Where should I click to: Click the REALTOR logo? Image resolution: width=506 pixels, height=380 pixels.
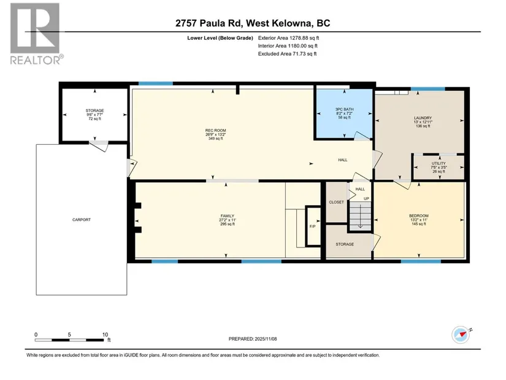pyautogui.click(x=35, y=34)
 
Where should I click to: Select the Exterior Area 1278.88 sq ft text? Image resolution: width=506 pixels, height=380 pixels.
pyautogui.click(x=288, y=38)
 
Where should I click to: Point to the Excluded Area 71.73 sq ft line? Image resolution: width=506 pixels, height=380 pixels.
pyautogui.click(x=287, y=53)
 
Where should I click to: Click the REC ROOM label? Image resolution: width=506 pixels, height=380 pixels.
pyautogui.click(x=215, y=131)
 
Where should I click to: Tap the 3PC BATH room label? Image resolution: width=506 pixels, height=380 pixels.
pyautogui.click(x=344, y=109)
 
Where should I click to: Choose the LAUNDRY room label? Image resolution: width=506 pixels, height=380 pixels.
pyautogui.click(x=423, y=118)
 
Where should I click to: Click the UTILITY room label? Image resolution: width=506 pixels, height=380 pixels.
pyautogui.click(x=439, y=163)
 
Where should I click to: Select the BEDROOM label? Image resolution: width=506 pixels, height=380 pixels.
pyautogui.click(x=418, y=216)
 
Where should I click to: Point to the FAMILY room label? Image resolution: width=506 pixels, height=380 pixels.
pyautogui.click(x=227, y=216)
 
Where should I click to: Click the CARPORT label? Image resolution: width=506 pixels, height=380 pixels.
pyautogui.click(x=82, y=220)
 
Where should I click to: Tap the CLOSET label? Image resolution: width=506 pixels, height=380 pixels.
pyautogui.click(x=336, y=203)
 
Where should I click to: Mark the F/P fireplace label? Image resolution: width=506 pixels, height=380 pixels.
pyautogui.click(x=312, y=227)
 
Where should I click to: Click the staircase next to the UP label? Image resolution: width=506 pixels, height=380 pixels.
pyautogui.click(x=360, y=216)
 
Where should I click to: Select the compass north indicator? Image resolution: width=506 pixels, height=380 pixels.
pyautogui.click(x=461, y=335)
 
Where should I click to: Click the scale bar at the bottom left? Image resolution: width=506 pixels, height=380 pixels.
pyautogui.click(x=69, y=340)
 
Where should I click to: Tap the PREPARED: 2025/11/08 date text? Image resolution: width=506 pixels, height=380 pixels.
pyautogui.click(x=253, y=339)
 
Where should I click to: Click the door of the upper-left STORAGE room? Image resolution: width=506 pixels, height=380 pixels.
pyautogui.click(x=99, y=146)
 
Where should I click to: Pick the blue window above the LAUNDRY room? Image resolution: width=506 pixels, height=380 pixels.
pyautogui.click(x=427, y=89)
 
